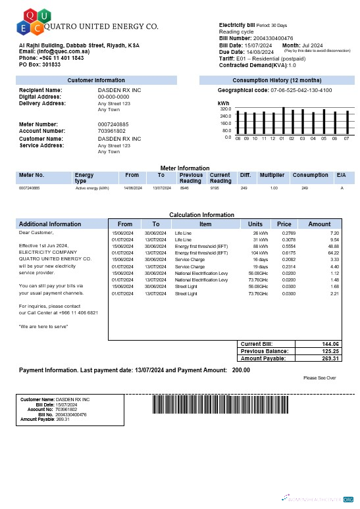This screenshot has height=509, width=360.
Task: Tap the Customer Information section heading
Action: (x=96, y=80)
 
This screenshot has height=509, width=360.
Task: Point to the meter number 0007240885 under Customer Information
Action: (x=113, y=124)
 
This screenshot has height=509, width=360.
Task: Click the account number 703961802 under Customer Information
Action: (x=111, y=131)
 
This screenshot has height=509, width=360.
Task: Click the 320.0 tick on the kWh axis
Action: (x=226, y=109)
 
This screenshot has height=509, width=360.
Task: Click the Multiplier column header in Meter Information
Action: (x=272, y=175)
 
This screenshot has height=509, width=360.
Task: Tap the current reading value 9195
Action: (x=215, y=188)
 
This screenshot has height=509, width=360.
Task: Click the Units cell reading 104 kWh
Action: (x=259, y=253)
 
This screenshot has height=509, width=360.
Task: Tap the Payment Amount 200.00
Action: (x=241, y=370)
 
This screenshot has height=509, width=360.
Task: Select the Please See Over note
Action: (x=320, y=378)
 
